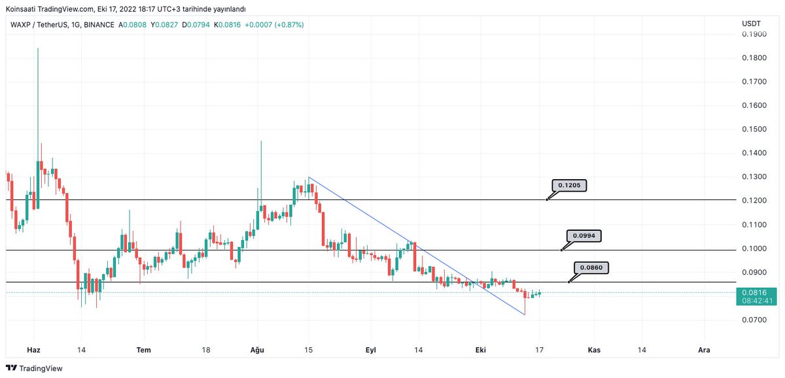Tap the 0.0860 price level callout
pyautogui.click(x=591, y=267)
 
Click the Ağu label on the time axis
pyautogui.click(x=258, y=350)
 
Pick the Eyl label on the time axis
pyautogui.click(x=371, y=350)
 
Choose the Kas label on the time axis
pyautogui.click(x=594, y=350)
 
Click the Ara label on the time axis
pyautogui.click(x=704, y=350)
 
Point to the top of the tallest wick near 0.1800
pyautogui.click(x=38, y=48)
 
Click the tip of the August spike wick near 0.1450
pyautogui.click(x=261, y=141)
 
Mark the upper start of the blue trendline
pyautogui.click(x=308, y=177)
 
